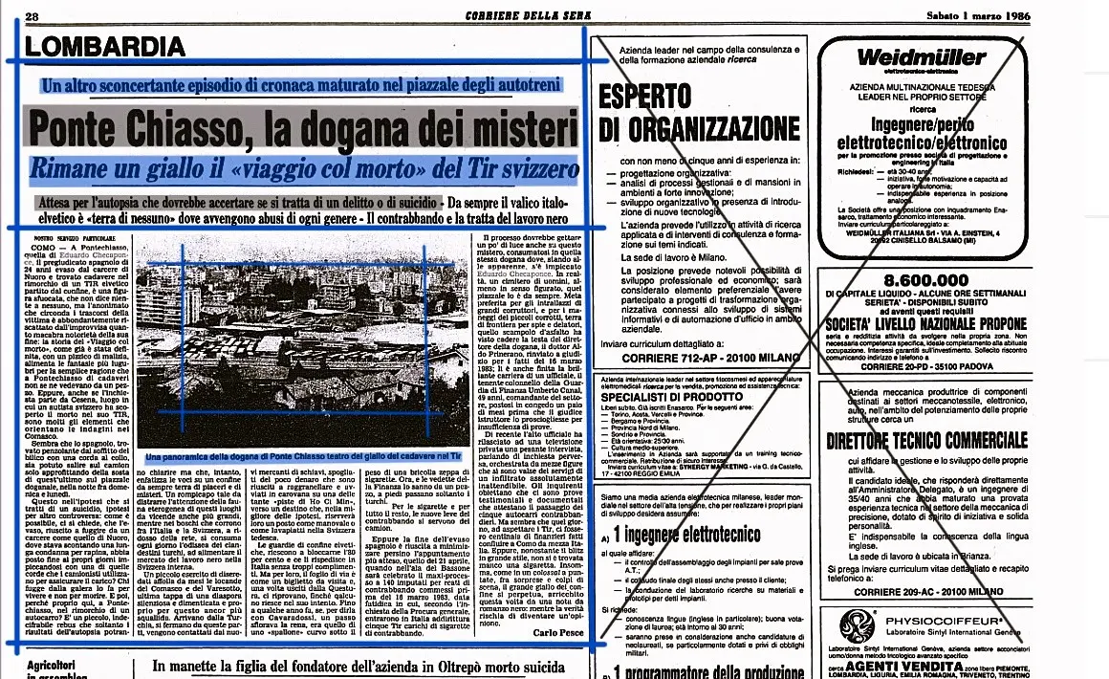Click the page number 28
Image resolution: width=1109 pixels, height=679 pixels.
tap(32, 16)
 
